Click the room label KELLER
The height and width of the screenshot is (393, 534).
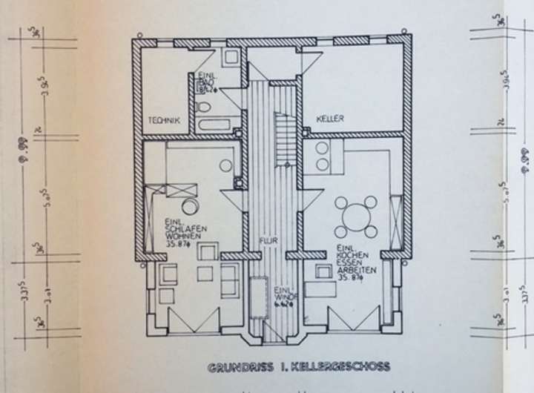[329, 119]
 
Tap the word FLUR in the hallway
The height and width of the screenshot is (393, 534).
[267, 241]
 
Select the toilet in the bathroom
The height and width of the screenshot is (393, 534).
[203, 108]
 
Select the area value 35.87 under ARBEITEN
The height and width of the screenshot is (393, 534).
[351, 279]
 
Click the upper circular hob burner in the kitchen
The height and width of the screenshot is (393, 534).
[323, 147]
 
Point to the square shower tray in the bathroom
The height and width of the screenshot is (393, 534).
[232, 57]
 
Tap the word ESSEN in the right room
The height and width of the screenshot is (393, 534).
[349, 264]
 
